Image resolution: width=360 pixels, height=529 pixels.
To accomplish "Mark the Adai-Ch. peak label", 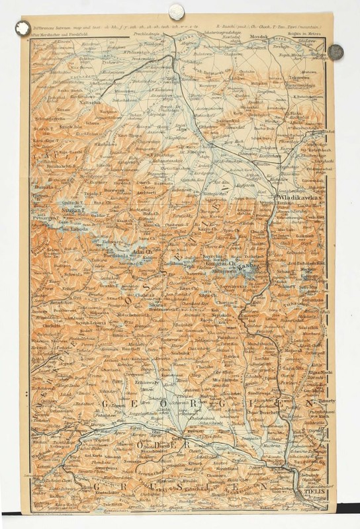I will coord(142,253).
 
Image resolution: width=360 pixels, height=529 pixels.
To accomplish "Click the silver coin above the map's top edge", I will coord(177,11).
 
